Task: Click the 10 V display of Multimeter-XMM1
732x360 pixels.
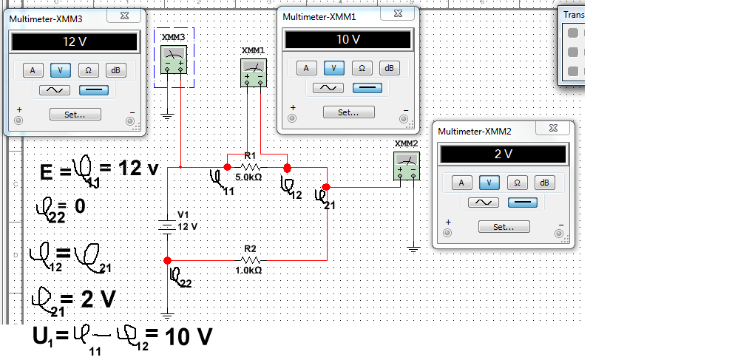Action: coord(348,39)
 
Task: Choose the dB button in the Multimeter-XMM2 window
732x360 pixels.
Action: coord(544,183)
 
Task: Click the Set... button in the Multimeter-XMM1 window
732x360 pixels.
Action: coord(348,112)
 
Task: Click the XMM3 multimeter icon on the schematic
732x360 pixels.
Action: coord(174,59)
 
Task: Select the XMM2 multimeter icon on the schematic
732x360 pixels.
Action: coord(407,166)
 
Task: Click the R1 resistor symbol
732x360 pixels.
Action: coord(250,167)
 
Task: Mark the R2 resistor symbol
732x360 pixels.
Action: coord(250,260)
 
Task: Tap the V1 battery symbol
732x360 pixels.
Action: coord(168,225)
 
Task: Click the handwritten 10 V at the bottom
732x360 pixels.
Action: coord(189,337)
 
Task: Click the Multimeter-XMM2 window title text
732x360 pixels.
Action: coord(475,132)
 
